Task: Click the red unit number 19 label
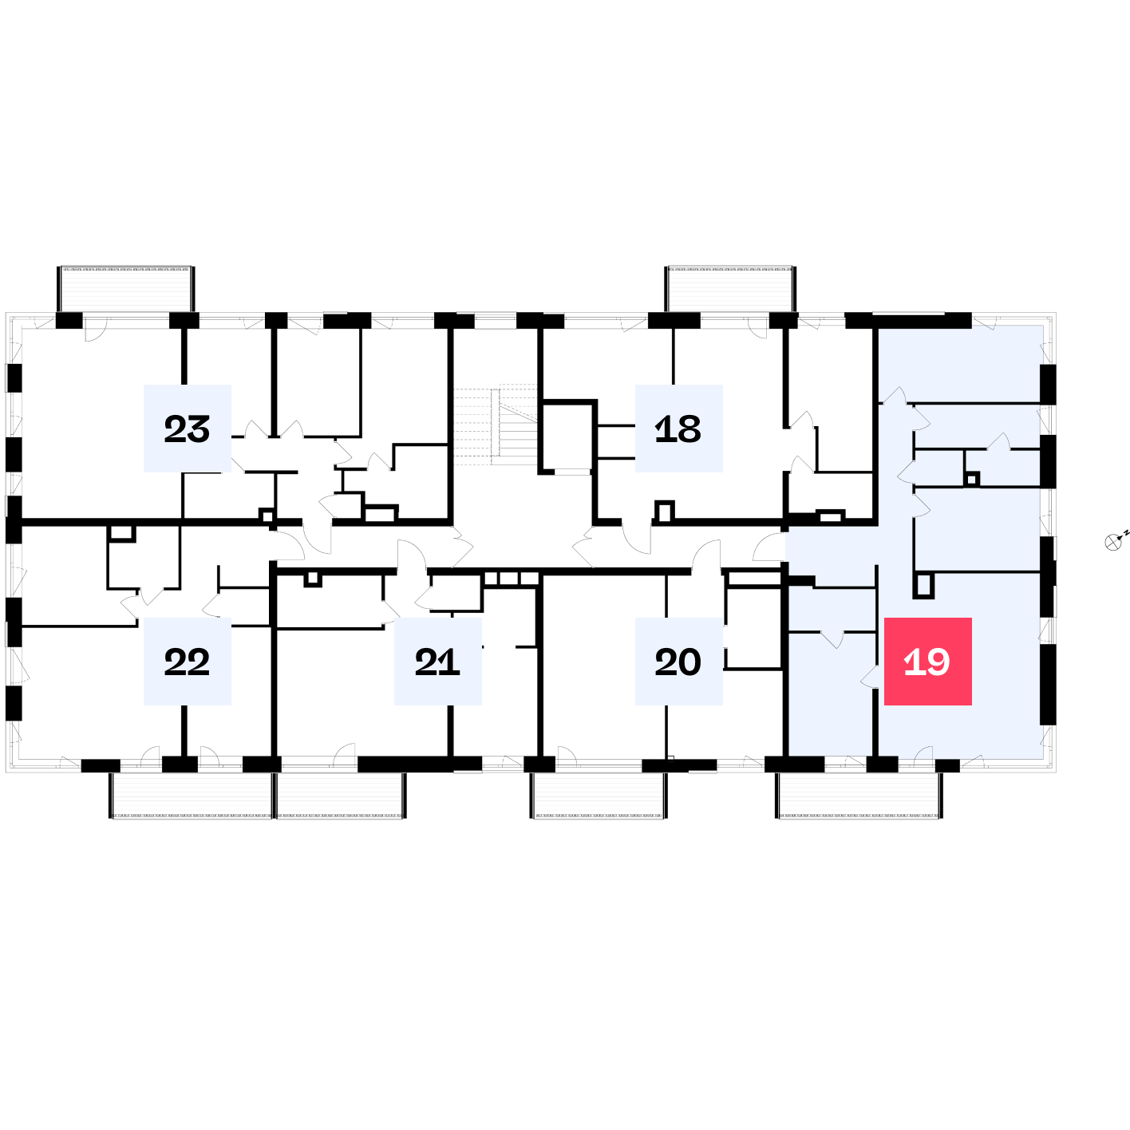927,662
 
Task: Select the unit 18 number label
678,429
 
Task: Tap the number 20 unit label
678,662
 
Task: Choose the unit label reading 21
437,662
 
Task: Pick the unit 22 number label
187,662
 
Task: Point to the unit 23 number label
187,429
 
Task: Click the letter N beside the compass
1126,533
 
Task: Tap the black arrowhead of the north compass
1120,538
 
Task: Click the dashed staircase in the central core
496,425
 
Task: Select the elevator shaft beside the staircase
567,437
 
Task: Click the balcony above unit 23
125,289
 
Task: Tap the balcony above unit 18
730,289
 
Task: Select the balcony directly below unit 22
192,796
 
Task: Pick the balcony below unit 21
341,796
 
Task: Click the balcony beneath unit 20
599,796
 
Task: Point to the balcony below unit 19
859,796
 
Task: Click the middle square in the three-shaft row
508,579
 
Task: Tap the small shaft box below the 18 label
665,512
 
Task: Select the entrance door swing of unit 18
637,539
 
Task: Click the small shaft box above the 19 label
923,585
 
